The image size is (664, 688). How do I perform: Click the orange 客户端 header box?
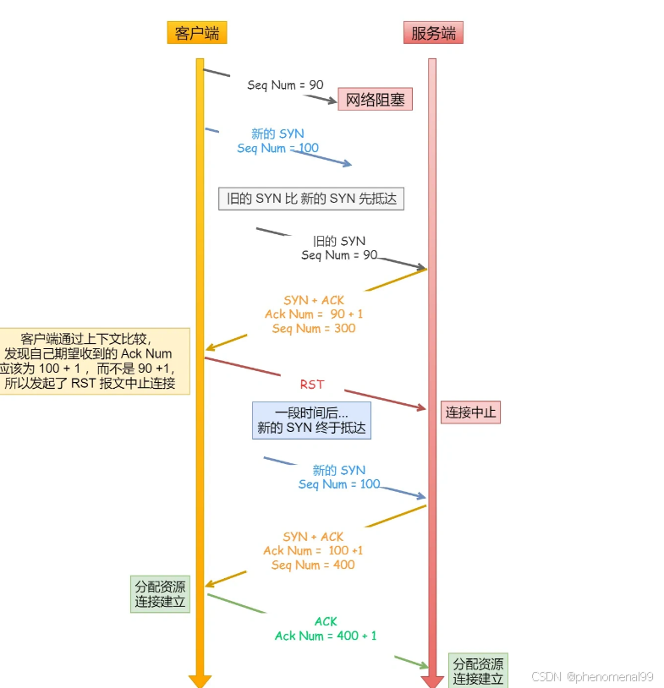tap(197, 33)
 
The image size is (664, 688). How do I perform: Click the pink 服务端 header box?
tap(433, 33)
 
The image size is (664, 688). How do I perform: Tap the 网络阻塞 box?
tap(375, 101)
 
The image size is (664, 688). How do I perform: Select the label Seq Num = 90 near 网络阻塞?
tap(285, 85)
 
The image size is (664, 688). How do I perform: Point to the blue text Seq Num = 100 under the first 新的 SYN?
tap(277, 148)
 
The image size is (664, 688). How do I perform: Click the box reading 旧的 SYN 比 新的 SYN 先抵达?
tap(311, 199)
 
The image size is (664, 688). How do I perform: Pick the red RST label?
tap(312, 385)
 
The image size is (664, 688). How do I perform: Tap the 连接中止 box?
tap(470, 412)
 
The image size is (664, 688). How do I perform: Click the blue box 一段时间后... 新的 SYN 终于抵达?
tap(311, 420)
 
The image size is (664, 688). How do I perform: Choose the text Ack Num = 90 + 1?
tap(314, 314)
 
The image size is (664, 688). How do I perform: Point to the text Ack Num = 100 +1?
tap(313, 550)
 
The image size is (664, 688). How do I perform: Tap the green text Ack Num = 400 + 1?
tap(326, 636)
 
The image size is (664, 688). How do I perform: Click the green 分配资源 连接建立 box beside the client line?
tap(160, 594)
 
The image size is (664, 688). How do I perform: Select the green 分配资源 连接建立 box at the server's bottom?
tap(478, 670)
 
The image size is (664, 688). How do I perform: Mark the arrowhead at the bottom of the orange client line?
tap(200, 680)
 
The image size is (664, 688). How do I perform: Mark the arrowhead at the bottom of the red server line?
tap(432, 680)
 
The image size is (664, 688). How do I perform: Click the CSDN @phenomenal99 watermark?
tap(592, 677)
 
